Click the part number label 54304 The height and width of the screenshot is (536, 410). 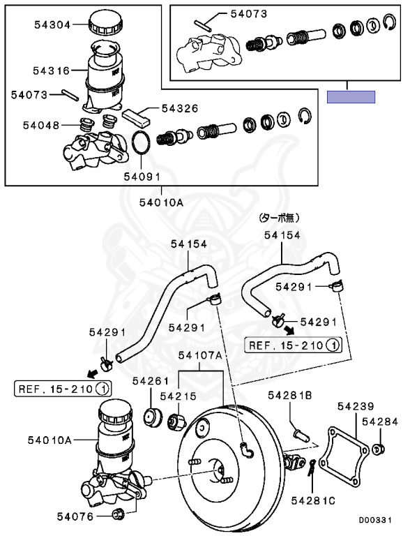click(52, 24)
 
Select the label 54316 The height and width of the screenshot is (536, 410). click(52, 70)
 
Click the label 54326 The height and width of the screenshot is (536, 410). click(180, 108)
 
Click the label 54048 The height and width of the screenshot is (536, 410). click(41, 125)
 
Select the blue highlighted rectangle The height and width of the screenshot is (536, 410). click(351, 97)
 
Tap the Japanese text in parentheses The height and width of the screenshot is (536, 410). click(280, 218)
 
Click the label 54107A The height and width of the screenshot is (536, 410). click(200, 355)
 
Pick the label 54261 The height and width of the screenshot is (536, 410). click(151, 381)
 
